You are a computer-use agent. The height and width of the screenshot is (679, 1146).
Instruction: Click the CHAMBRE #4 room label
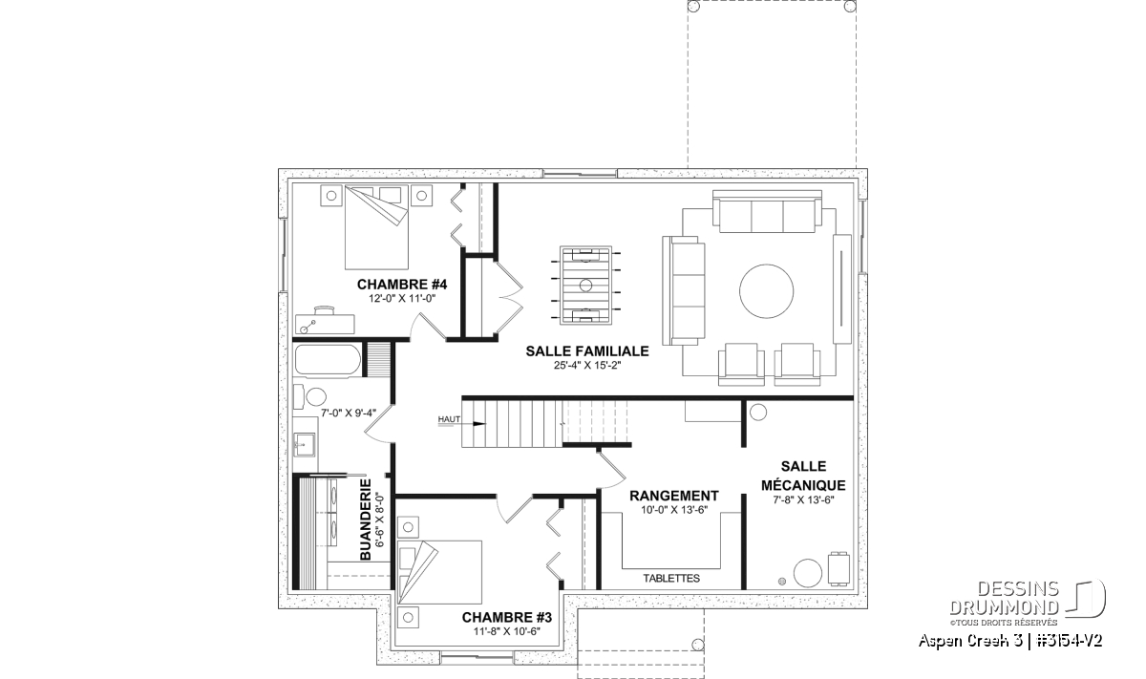click(x=402, y=284)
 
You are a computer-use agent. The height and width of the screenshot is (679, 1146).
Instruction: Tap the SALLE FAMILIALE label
click(x=586, y=351)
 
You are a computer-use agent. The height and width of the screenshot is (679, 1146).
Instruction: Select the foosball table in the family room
click(x=585, y=285)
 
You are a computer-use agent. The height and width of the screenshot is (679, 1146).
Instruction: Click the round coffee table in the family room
click(x=766, y=291)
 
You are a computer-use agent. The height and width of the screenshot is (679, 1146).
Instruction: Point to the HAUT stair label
click(x=449, y=419)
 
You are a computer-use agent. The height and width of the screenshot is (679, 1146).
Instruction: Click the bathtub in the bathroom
click(x=328, y=360)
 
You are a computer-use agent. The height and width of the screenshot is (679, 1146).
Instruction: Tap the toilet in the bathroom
click(x=310, y=396)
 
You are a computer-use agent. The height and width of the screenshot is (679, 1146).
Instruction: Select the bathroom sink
click(x=305, y=443)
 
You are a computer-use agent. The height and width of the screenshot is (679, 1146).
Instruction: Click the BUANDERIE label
click(x=365, y=520)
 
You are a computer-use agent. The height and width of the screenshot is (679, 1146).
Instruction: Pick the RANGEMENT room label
click(x=674, y=496)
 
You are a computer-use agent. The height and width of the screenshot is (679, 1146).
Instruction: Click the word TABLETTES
click(x=671, y=578)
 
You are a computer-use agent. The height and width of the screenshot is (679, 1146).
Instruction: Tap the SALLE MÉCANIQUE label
click(x=803, y=476)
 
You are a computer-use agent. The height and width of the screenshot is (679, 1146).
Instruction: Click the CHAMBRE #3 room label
click(x=506, y=618)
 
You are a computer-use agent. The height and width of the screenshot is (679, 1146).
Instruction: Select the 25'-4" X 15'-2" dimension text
click(x=586, y=366)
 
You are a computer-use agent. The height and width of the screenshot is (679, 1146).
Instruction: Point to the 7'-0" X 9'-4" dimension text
click(x=348, y=413)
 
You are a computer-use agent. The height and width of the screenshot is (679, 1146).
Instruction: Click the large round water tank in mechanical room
click(x=808, y=573)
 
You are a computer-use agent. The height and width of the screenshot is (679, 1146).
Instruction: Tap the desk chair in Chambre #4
click(x=324, y=310)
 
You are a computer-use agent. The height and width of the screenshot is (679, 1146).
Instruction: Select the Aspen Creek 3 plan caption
click(x=1010, y=641)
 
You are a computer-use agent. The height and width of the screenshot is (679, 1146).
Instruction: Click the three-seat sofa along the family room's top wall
click(x=767, y=211)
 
